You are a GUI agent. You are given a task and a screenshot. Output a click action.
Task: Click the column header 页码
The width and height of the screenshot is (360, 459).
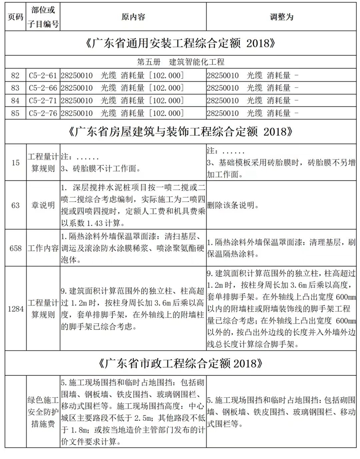click(x=14, y=17)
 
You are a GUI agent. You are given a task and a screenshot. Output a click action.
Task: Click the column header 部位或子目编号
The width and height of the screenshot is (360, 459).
click(x=44, y=17)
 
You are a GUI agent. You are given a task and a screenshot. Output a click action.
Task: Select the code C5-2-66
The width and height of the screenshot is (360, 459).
click(x=44, y=88)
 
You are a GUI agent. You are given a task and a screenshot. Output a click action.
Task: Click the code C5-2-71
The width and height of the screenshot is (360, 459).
click(x=44, y=100)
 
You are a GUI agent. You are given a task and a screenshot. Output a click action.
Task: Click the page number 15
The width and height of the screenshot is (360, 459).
click(x=15, y=163)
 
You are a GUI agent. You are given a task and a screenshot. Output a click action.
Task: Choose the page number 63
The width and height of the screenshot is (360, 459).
click(x=15, y=205)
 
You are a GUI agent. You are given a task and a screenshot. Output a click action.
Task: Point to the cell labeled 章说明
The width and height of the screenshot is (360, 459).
click(x=44, y=205)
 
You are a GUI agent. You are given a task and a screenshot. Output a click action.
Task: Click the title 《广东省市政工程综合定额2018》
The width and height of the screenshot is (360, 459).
click(x=180, y=362)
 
